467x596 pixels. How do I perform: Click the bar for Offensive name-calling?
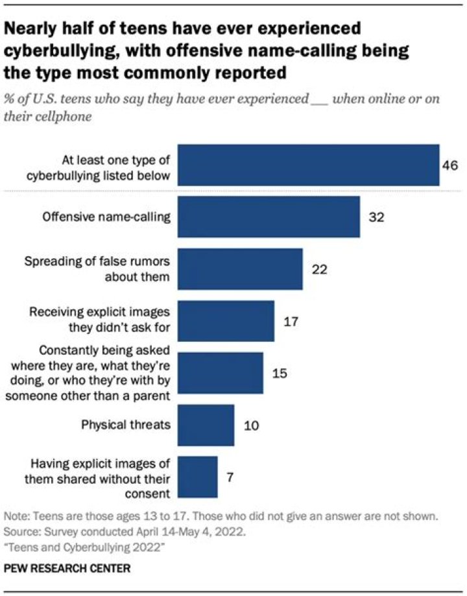[x=268, y=217]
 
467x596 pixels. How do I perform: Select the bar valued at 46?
[x=308, y=165]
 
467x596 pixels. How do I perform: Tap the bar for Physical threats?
[x=205, y=425]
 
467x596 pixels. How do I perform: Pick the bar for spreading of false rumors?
[x=239, y=269]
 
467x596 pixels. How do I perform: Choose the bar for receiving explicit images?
[x=225, y=321]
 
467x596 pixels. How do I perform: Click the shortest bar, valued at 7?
[x=197, y=477]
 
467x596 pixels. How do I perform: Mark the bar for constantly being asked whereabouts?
[x=220, y=373]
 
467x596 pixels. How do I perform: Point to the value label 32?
[x=376, y=217]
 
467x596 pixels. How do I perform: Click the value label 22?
[x=318, y=269]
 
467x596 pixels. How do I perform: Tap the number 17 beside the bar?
[x=290, y=321]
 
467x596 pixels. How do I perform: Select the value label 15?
[x=279, y=373]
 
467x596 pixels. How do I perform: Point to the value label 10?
[x=250, y=425]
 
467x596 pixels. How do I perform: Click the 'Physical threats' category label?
[x=126, y=425]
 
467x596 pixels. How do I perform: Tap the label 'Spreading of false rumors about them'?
[x=97, y=269]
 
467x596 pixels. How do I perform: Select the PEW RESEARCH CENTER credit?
[x=67, y=568]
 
